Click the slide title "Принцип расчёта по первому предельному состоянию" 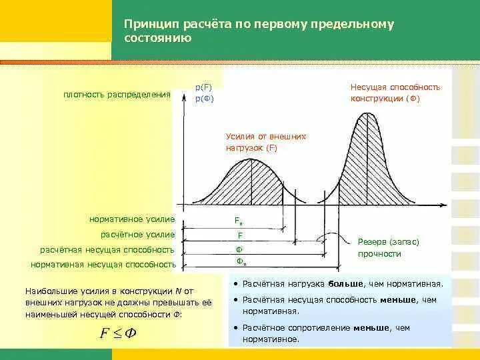pos(259,31)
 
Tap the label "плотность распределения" pos(117,95)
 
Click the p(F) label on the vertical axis pos(203,87)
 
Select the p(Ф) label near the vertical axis pos(203,99)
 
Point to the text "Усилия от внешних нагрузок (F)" pos(265,142)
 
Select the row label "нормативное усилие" pos(131,219)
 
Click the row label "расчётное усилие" pos(137,235)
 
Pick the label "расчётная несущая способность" pos(107,250)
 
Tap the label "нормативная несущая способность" pos(103,265)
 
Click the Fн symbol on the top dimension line pos(239,221)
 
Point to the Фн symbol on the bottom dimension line pos(241,261)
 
